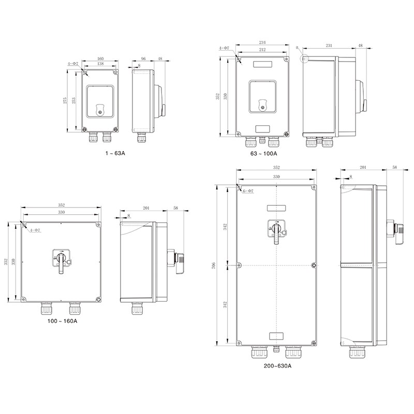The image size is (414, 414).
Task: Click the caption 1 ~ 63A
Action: tap(115, 153)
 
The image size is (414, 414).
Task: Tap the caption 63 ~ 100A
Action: tap(264, 153)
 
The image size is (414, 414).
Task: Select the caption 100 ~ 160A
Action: tap(63, 321)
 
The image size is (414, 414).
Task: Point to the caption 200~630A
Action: tap(277, 366)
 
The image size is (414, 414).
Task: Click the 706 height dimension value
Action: tap(214, 265)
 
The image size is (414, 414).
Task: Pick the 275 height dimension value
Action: tap(65, 100)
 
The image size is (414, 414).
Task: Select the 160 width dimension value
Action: tap(100, 58)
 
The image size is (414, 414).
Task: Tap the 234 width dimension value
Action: tap(262, 42)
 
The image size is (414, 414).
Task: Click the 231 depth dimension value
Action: tap(329, 46)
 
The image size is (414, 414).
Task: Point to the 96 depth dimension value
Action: tap(143, 58)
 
